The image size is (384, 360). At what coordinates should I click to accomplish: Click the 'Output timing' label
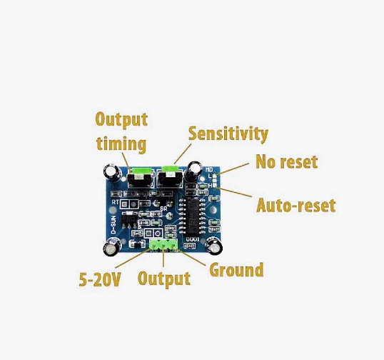pos(121,131)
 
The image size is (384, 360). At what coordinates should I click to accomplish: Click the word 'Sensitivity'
pos(228,134)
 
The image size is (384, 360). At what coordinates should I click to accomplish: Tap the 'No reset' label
pos(286,162)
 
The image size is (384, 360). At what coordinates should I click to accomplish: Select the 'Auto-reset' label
pos(295,206)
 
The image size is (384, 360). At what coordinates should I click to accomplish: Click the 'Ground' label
pos(236,270)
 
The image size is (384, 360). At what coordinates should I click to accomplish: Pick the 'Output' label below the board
pos(163,279)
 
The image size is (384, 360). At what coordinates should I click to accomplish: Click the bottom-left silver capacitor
pos(112,246)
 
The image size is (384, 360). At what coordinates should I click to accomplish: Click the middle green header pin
pos(163,245)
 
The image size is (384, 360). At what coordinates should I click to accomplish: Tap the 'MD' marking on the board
pos(210,170)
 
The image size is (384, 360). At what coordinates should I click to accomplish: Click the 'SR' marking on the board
pos(163,210)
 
